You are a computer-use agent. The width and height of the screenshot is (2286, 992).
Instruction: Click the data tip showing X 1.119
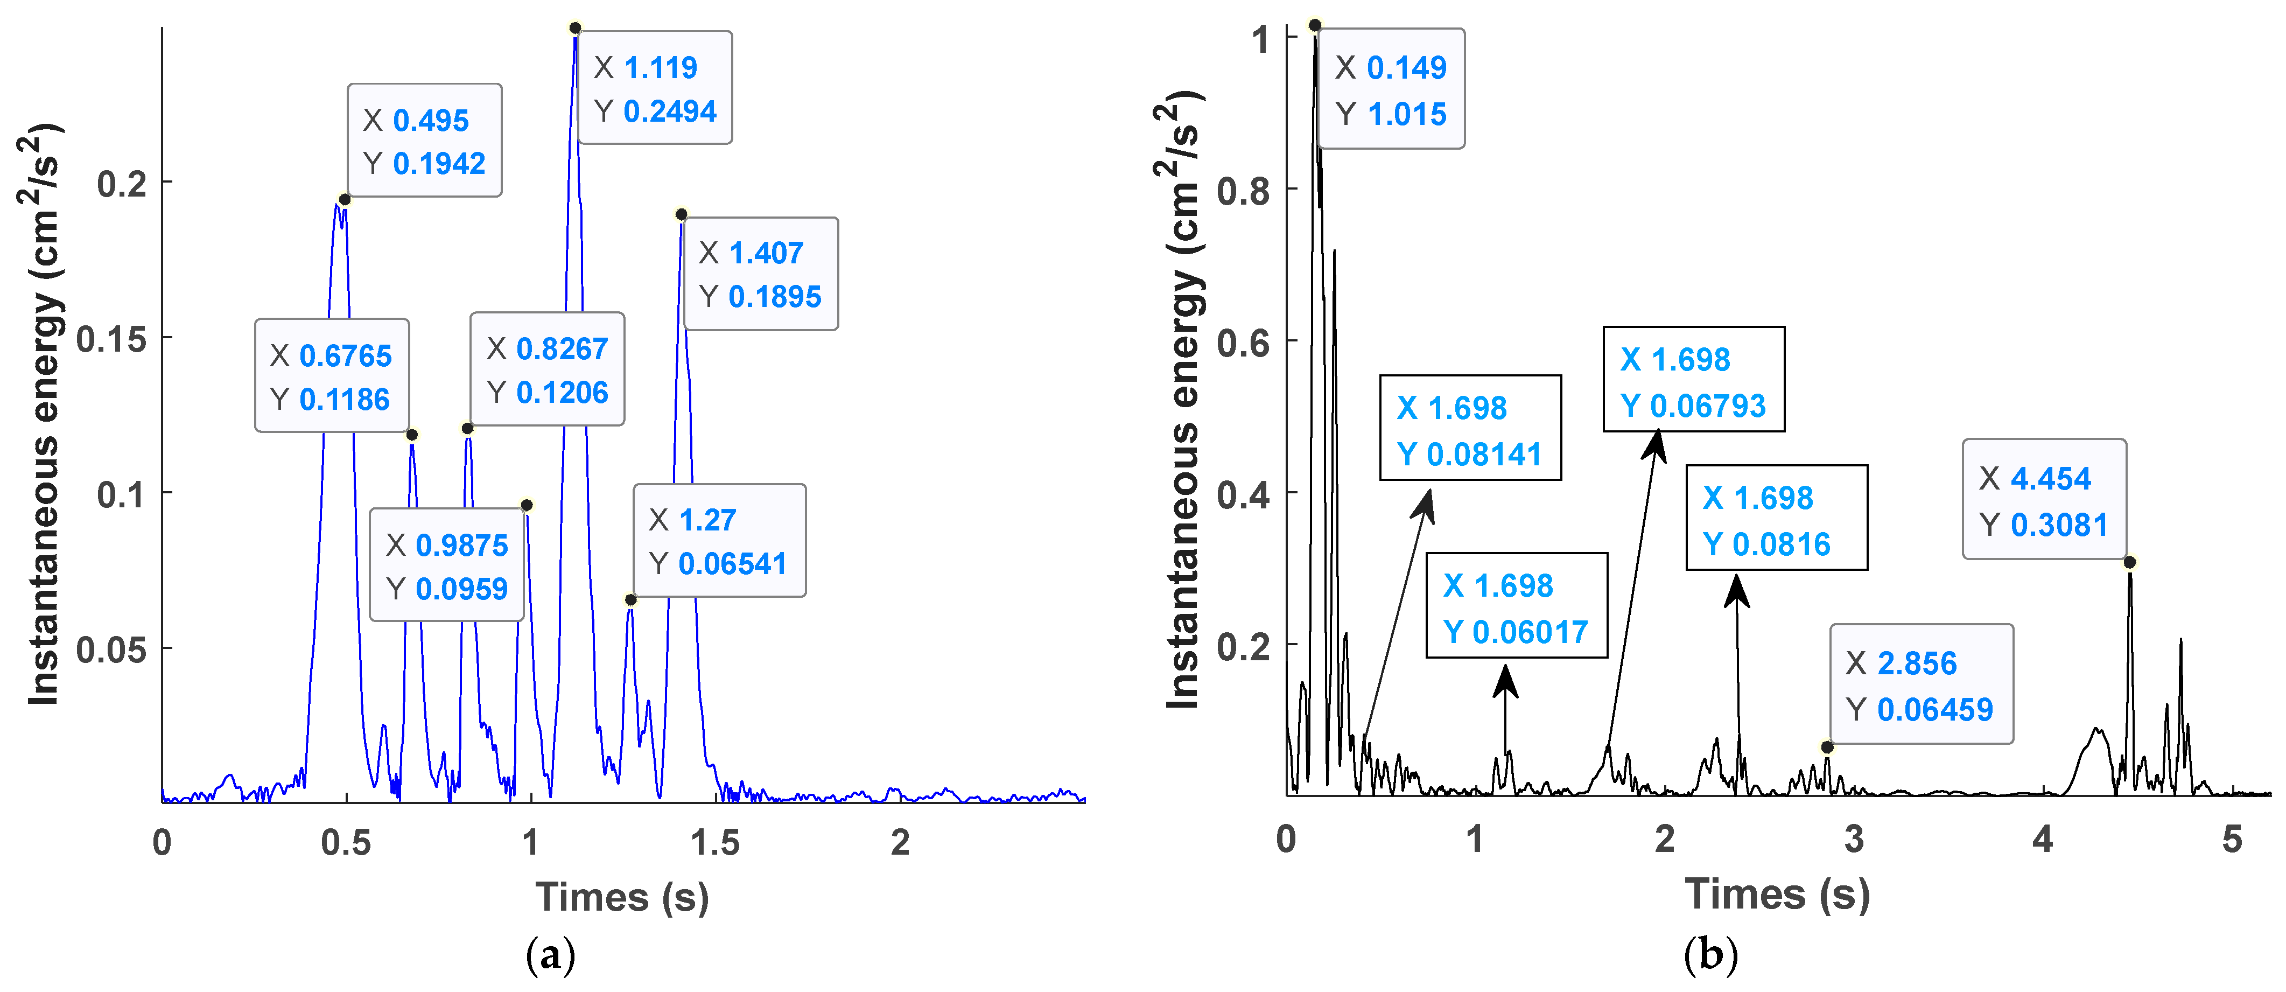click(x=655, y=88)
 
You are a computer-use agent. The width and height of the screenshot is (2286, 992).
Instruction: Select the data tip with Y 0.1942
click(x=424, y=140)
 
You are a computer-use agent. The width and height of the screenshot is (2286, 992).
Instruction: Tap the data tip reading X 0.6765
click(x=331, y=375)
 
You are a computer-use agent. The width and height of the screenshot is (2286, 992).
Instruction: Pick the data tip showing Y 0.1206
click(x=546, y=369)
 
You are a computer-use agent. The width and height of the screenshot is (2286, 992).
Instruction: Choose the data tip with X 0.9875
click(x=446, y=565)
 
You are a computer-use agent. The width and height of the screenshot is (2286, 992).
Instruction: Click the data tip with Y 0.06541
click(x=719, y=540)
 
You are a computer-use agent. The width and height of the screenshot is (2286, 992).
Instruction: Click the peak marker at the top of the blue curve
click(x=575, y=29)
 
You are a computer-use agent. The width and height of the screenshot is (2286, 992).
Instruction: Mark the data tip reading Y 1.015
click(x=1391, y=89)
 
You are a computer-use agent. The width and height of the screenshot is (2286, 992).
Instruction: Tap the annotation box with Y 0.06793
click(x=1693, y=380)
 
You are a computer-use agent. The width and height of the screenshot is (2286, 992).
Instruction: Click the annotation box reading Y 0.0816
click(x=1776, y=518)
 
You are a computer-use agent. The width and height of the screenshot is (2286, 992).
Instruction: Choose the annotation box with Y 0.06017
click(x=1516, y=606)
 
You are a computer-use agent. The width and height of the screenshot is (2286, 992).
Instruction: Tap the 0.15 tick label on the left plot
click(x=111, y=339)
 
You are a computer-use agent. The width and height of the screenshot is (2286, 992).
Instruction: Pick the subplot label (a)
click(x=550, y=955)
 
